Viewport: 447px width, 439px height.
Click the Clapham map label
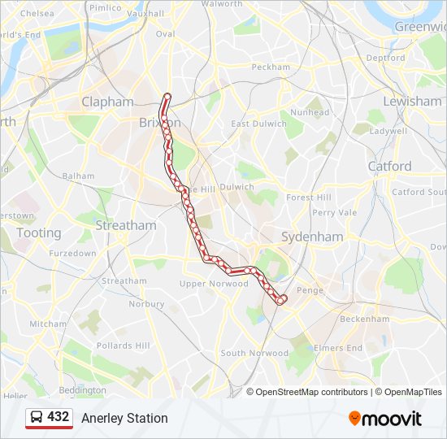(x=107, y=102)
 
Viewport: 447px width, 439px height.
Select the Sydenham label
(x=312, y=237)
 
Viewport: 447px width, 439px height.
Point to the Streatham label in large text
(x=126, y=225)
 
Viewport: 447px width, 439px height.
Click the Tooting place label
(x=38, y=233)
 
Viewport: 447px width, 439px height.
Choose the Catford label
(x=389, y=166)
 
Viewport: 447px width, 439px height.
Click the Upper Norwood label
(x=214, y=284)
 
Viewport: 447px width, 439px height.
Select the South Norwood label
(x=254, y=353)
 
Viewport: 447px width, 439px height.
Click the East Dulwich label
(x=258, y=124)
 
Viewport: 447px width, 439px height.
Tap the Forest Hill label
(x=309, y=198)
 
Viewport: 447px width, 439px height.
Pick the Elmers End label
(x=339, y=348)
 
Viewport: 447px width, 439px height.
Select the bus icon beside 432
(x=37, y=417)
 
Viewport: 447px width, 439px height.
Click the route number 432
(x=58, y=417)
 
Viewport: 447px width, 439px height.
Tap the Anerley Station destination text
(x=124, y=418)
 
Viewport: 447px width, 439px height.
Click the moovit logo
(x=385, y=418)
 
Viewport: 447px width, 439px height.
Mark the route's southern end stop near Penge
(x=281, y=300)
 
